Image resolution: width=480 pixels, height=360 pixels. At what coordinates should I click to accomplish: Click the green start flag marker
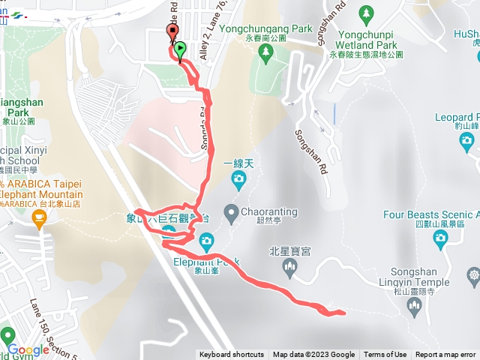[181, 51]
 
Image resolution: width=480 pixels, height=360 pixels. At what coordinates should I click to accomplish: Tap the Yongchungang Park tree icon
[265, 51]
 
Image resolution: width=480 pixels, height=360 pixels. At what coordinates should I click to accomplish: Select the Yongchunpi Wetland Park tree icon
[366, 13]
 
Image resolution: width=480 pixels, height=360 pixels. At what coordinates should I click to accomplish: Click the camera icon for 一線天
[238, 178]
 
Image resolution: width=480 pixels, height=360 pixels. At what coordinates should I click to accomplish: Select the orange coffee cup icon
[39, 218]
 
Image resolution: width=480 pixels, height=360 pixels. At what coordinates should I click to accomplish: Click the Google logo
[28, 350]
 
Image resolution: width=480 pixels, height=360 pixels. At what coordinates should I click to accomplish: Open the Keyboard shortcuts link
[232, 355]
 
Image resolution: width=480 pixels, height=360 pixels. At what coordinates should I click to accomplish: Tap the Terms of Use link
[385, 355]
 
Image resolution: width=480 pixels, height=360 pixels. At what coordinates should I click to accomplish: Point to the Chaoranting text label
[268, 211]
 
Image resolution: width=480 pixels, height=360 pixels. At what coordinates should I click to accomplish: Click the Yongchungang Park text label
[265, 29]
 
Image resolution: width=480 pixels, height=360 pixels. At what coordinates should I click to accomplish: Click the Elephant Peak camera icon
[207, 241]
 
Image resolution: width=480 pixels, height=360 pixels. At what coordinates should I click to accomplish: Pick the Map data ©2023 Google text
[314, 355]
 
